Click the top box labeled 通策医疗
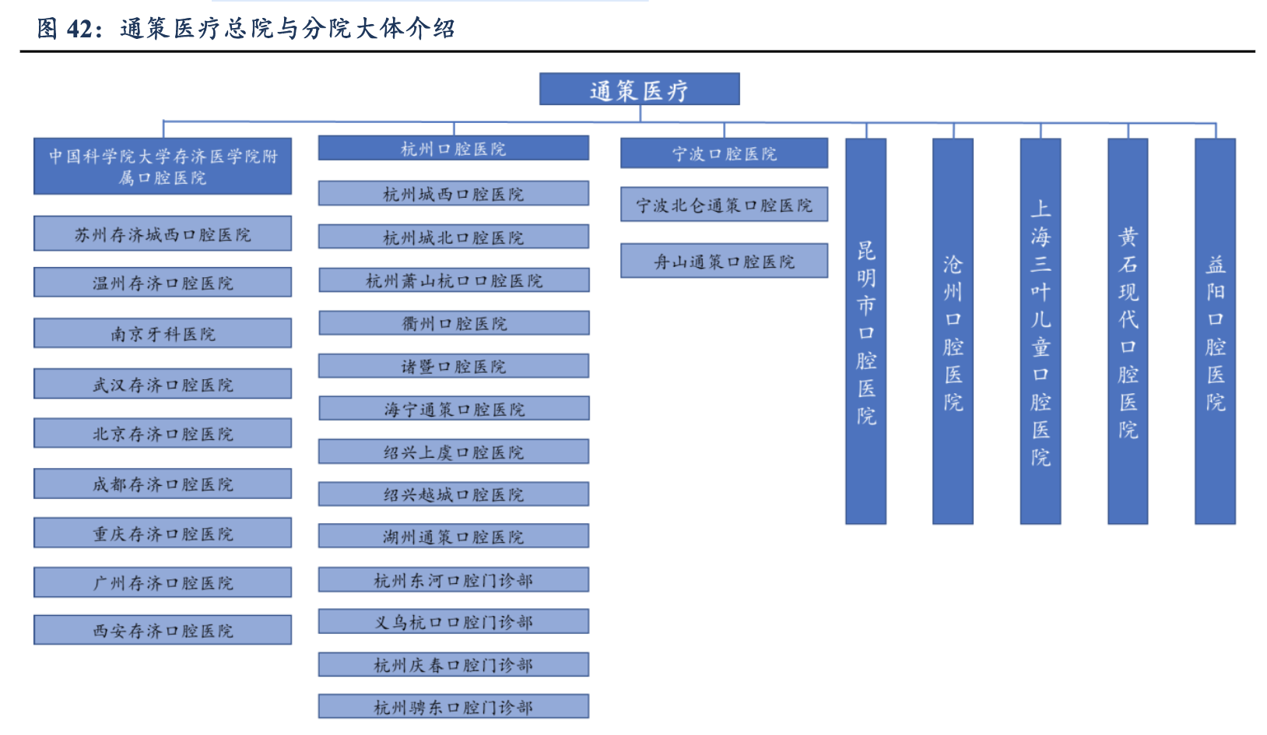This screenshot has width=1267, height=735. (x=639, y=90)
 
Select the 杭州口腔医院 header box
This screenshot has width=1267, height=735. (x=453, y=148)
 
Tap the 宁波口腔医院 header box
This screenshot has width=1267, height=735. (x=724, y=153)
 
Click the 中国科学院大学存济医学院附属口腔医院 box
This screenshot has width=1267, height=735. (x=163, y=167)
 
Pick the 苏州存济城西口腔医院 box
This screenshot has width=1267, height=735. (x=163, y=234)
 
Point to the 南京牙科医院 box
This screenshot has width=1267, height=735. (x=163, y=333)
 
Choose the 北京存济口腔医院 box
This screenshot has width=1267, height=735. (x=163, y=433)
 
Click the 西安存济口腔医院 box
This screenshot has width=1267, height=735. (x=163, y=630)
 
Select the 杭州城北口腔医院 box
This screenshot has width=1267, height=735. (x=453, y=237)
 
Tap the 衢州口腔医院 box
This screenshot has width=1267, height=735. (x=453, y=322)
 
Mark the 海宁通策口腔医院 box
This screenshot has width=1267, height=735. (x=453, y=408)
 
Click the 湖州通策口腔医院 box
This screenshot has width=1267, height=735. (x=453, y=536)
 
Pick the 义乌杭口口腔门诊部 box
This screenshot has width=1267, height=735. (x=453, y=621)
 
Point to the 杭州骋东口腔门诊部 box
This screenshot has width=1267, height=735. (x=453, y=706)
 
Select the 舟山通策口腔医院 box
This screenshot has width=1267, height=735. (x=724, y=261)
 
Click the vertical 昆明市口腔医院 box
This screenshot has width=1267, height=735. (x=865, y=332)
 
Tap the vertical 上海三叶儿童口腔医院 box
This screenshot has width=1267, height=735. (x=1041, y=332)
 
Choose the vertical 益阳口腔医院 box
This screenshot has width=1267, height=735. (x=1215, y=332)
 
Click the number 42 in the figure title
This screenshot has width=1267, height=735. (x=80, y=29)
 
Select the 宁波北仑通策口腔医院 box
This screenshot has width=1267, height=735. (x=724, y=204)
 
